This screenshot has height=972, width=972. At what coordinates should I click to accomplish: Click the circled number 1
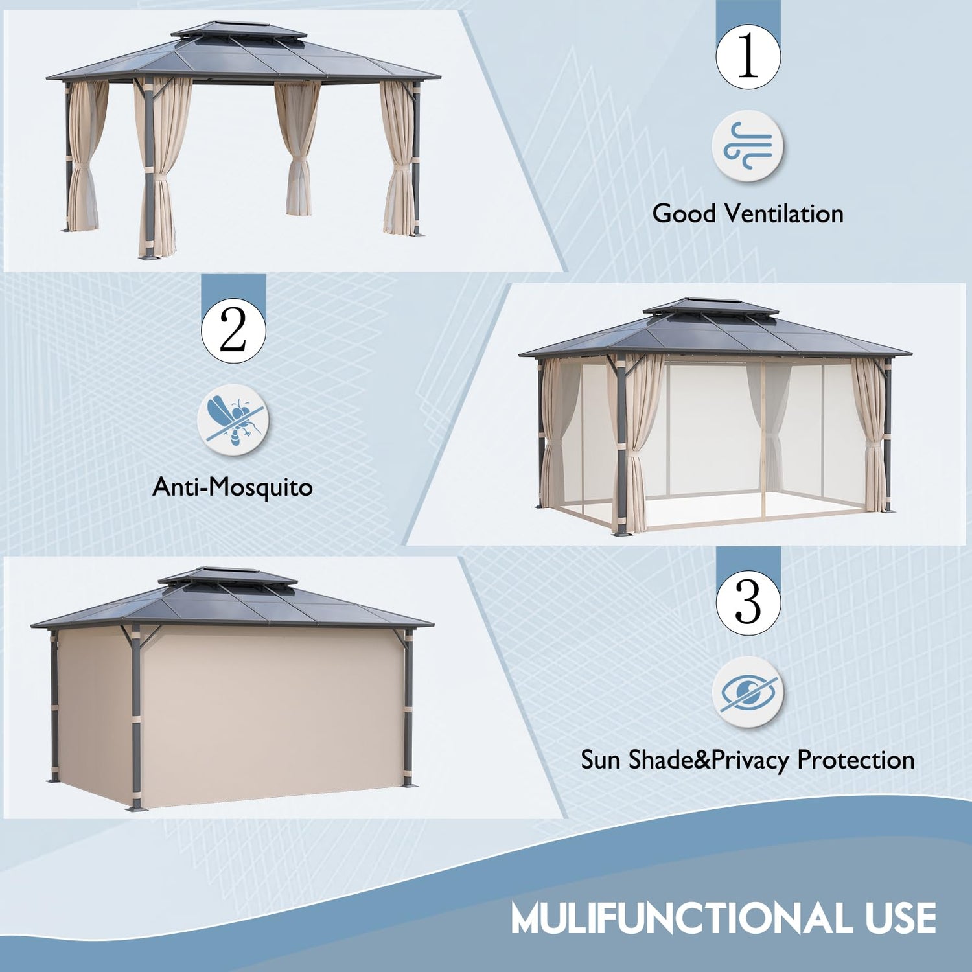pos(748,56)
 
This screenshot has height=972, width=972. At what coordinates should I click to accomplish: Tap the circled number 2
pos(233,330)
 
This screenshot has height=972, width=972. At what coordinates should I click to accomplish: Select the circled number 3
pos(748,603)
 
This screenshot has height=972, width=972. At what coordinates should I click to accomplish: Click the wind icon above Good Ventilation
pos(748,146)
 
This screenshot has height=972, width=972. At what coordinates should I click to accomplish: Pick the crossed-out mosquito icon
pos(233,419)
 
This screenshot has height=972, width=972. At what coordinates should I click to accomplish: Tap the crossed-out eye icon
pos(748,692)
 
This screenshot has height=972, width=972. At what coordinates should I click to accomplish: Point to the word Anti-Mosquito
pos(233,487)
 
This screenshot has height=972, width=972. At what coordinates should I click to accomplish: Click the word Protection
pos(855,759)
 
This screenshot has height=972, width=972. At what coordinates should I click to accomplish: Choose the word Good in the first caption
pos(684,213)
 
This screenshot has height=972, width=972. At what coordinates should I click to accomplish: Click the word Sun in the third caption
pos(601,759)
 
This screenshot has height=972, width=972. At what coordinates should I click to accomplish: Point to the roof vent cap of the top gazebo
pos(238,30)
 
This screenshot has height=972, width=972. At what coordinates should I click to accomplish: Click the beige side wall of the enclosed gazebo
pos(272,713)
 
